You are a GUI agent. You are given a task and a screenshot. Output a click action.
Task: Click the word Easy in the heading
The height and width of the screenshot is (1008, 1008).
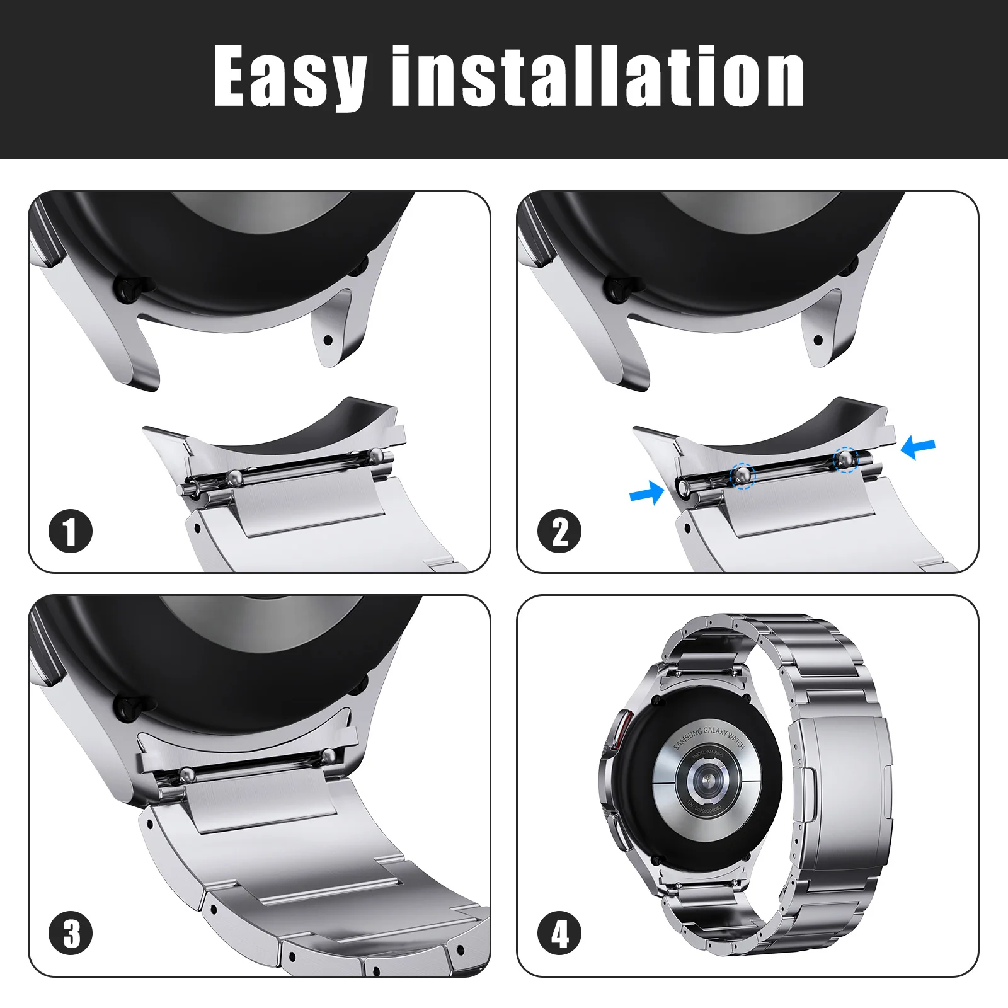coord(290,77)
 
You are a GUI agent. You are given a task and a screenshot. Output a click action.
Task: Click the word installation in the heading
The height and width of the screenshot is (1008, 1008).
coord(597,77)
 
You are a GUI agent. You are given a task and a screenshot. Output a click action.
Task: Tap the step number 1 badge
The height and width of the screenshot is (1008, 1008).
coord(71,531)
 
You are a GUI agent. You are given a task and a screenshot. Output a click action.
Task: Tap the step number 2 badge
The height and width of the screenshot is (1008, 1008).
coord(559,531)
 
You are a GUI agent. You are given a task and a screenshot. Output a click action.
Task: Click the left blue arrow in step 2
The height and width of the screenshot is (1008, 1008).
coord(646,493)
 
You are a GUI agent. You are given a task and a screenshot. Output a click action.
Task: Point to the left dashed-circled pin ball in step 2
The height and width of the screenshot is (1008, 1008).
coord(742,474)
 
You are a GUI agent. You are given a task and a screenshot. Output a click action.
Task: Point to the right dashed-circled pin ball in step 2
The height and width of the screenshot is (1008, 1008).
coord(845,459)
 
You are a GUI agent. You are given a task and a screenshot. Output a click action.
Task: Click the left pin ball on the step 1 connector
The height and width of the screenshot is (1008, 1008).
coord(234,478)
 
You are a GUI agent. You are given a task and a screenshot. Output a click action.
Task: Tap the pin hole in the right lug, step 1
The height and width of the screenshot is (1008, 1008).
coord(328,340)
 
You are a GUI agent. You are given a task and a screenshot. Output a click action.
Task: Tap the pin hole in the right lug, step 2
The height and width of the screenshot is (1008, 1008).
coord(818,340)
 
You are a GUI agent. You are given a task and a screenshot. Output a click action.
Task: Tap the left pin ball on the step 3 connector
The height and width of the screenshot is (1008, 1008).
coord(186,774)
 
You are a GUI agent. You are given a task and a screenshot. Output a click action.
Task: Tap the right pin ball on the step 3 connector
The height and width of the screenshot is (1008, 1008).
coord(328,754)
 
